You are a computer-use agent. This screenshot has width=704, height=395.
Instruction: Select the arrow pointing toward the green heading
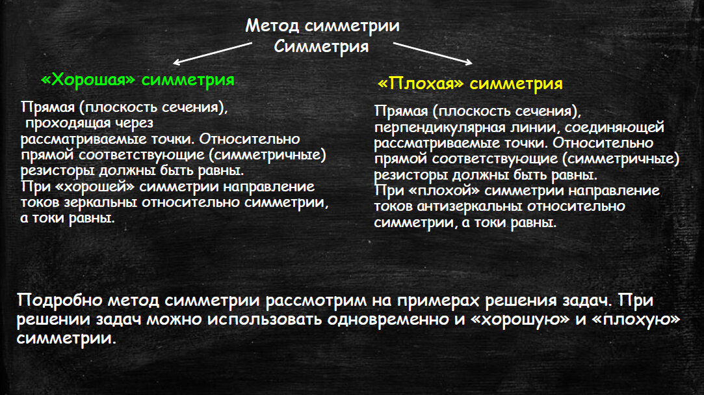(213, 53)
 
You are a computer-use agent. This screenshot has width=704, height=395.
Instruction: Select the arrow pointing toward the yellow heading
(433, 53)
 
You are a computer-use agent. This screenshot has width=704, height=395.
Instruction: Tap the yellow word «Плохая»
(421, 83)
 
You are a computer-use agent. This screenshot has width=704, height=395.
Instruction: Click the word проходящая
(68, 123)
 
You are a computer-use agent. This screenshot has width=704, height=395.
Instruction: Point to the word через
(135, 123)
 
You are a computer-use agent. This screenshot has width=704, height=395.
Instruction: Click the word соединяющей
(614, 128)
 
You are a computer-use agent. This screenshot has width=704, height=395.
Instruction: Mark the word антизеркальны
(469, 206)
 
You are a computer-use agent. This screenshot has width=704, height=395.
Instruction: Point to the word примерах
(439, 301)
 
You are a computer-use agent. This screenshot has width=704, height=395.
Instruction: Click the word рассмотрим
(316, 301)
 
